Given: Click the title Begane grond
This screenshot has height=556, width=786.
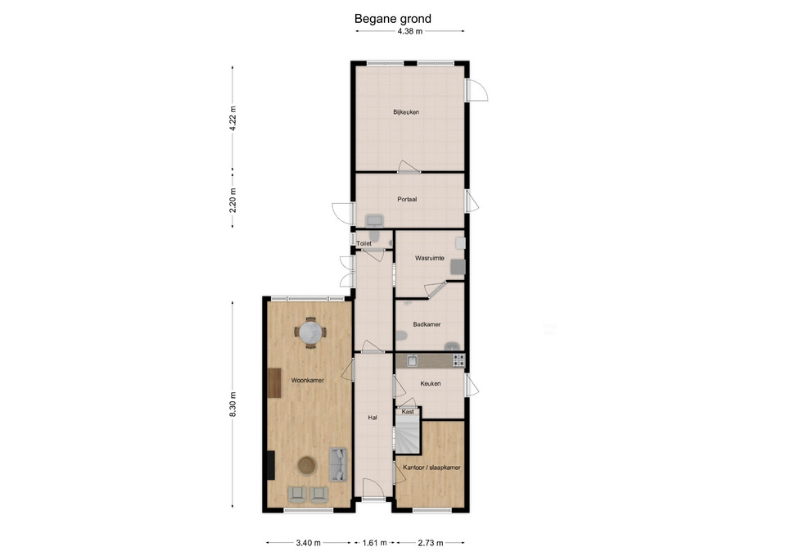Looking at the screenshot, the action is point(392,19).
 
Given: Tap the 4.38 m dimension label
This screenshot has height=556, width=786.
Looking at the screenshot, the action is point(409,31).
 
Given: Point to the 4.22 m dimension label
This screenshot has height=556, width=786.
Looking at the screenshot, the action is point(233,119).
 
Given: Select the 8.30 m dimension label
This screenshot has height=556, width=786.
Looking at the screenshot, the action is point(233,404).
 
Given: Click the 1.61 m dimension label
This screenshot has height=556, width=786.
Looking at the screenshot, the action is point(374,542).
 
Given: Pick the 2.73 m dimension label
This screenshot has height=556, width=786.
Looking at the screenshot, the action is point(431,542).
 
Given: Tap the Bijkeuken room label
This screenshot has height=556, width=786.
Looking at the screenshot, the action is point(406,112).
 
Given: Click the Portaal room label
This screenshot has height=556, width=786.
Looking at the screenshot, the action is point(407,199).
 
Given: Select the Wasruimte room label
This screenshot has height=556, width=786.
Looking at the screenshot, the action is point(430,258).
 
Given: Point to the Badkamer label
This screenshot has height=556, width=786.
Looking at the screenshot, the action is point(427,324).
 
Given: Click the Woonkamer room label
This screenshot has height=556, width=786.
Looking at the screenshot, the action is point(308,380).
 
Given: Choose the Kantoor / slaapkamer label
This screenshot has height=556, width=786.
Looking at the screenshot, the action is point(431,468).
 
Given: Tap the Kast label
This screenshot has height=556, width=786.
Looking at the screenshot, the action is point(408,412).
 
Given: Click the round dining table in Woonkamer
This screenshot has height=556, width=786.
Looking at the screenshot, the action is point(310,332).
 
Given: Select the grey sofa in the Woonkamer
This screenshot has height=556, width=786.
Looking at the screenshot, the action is point(338,464).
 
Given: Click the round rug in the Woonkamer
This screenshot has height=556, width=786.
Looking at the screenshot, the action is point(308,465).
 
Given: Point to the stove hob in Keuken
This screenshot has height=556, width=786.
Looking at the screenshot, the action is point(458,360).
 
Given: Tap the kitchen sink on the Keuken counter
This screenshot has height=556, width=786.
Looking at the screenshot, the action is point(412,360).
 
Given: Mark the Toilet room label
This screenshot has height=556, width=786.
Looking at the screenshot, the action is point(364,244).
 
